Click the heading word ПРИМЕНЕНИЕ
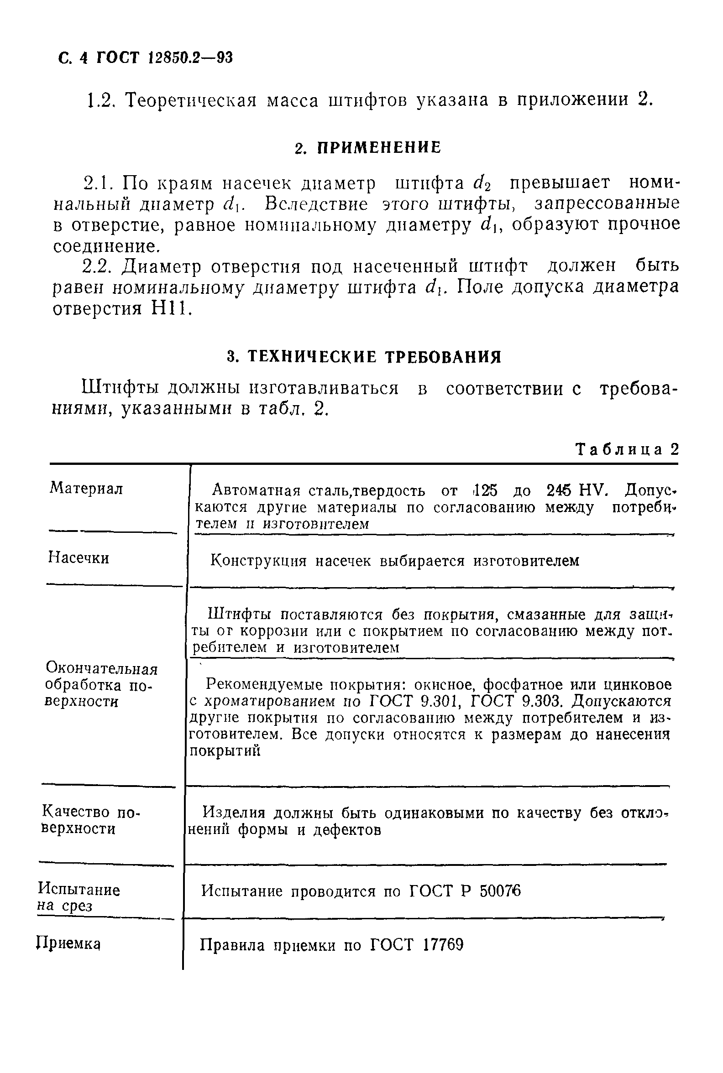[x=379, y=147]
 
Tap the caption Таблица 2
[x=628, y=449]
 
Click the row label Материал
[x=86, y=488]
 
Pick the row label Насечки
[x=79, y=558]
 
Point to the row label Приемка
[x=69, y=944]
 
